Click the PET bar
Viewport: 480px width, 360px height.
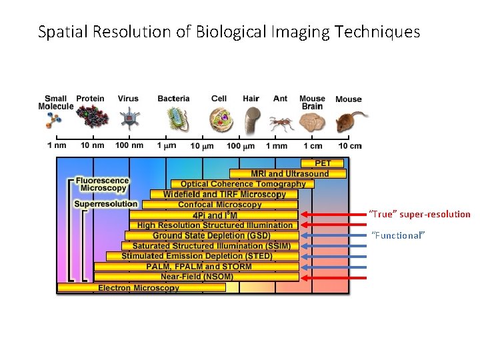[323, 163]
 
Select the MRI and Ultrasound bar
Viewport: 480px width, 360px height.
[289, 174]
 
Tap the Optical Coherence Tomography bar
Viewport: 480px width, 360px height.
[243, 184]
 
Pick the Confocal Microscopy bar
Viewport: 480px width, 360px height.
[220, 205]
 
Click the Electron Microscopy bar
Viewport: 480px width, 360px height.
[140, 288]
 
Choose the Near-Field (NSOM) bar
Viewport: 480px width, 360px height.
[197, 277]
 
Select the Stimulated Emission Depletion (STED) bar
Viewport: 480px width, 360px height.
[197, 256]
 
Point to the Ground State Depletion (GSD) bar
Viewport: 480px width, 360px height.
[211, 235]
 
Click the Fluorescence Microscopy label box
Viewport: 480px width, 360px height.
[102, 184]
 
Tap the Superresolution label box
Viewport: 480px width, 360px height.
[105, 204]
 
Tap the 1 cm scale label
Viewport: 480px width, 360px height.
[312, 145]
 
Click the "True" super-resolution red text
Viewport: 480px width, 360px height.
[420, 215]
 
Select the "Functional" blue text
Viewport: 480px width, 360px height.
[397, 235]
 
